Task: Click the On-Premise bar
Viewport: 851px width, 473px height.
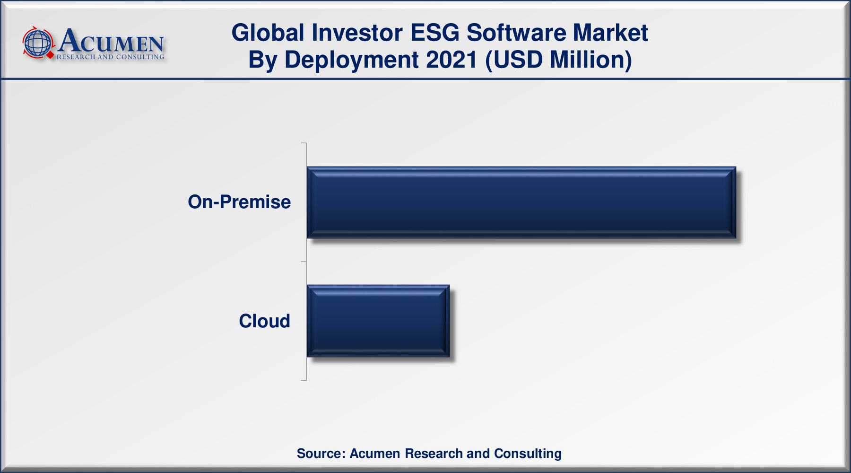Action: pyautogui.click(x=521, y=202)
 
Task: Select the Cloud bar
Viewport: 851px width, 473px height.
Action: pyautogui.click(x=378, y=321)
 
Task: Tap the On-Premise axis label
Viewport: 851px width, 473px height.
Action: pyautogui.click(x=239, y=202)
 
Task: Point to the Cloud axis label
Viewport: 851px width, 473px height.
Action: pyautogui.click(x=264, y=321)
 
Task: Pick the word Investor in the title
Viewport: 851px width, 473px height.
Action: pyautogui.click(x=357, y=33)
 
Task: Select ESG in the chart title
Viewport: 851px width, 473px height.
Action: pyautogui.click(x=435, y=33)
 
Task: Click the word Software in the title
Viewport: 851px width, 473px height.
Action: pyautogui.click(x=516, y=33)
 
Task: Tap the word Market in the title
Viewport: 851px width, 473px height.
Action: pyautogui.click(x=610, y=33)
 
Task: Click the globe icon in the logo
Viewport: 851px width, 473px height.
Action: pyautogui.click(x=38, y=43)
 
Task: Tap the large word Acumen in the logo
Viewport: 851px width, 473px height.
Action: pyautogui.click(x=111, y=41)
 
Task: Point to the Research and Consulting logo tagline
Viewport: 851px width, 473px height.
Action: pyautogui.click(x=110, y=57)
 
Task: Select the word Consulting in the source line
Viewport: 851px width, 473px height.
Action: pyautogui.click(x=528, y=454)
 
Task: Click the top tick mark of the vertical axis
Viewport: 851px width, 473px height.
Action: pyautogui.click(x=304, y=143)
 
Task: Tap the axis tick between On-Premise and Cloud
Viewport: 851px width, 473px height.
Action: pyautogui.click(x=304, y=262)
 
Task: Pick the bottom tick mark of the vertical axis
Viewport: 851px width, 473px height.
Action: pyautogui.click(x=304, y=380)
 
